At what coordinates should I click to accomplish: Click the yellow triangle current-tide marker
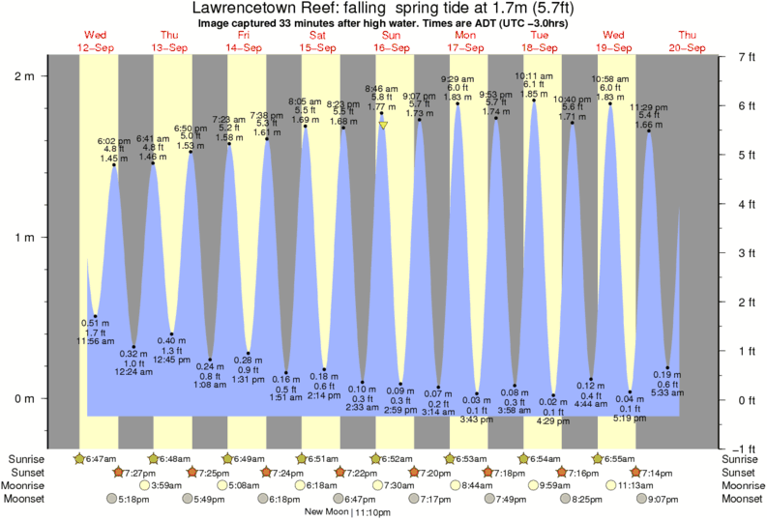click(x=384, y=125)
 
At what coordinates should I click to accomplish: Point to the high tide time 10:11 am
click(x=533, y=76)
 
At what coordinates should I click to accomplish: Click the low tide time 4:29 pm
click(x=553, y=421)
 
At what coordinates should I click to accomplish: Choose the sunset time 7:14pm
click(x=657, y=472)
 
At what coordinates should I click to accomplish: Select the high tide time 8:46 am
click(x=382, y=89)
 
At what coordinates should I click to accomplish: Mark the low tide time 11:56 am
click(x=95, y=342)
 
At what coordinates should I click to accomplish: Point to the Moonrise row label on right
click(x=741, y=485)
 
